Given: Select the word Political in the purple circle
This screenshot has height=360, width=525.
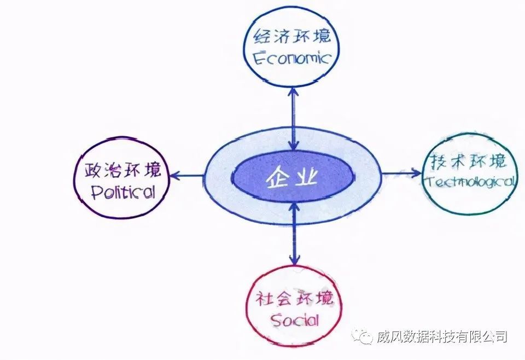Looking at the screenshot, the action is tap(124, 192).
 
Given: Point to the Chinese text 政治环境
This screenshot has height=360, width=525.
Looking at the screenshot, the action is tap(122, 171).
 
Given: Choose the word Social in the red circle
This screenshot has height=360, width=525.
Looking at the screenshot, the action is tap(295, 321).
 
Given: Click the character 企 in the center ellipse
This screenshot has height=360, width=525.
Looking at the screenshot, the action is tap(278, 178).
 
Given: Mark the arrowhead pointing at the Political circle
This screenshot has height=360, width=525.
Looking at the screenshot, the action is tap(175, 175).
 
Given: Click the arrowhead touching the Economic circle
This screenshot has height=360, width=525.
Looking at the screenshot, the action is tap(293, 92).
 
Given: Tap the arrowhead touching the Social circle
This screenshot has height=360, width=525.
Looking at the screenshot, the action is tap(294, 259).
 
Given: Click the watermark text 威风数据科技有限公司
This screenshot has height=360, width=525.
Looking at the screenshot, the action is tap(442, 336).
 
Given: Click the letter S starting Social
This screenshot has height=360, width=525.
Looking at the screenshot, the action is tap(276, 321).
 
